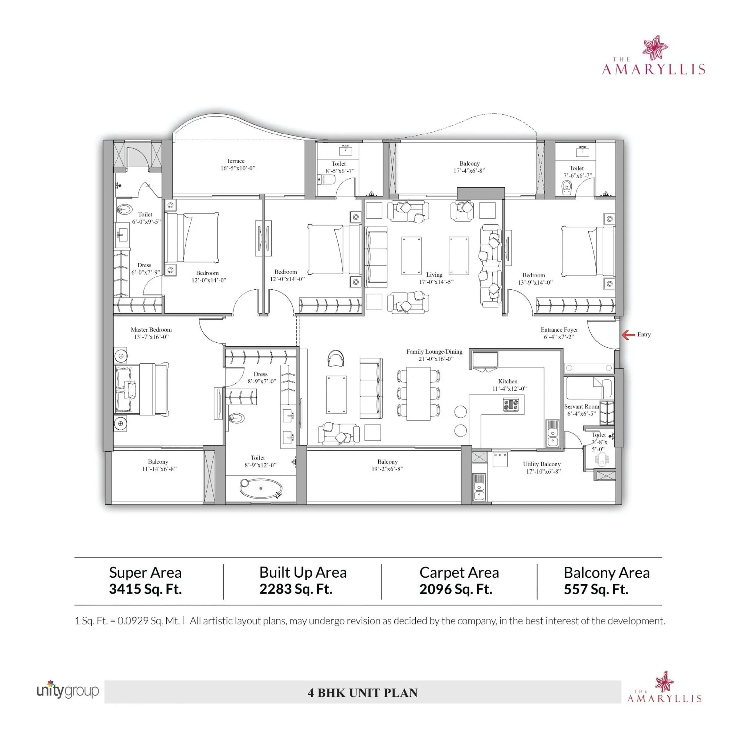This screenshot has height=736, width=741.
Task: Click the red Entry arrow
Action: (x=628, y=335)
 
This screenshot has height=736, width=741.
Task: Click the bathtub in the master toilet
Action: (x=261, y=489)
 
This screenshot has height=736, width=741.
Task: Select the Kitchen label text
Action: (x=508, y=382)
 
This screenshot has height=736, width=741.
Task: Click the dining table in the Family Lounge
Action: (x=418, y=393)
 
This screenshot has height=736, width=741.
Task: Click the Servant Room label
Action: (x=581, y=407)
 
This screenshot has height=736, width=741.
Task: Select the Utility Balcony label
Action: (x=542, y=464)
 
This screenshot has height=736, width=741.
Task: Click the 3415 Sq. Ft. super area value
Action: (x=145, y=589)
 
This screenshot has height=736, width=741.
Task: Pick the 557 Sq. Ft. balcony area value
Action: (x=596, y=589)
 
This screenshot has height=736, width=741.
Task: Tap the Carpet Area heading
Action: (x=459, y=573)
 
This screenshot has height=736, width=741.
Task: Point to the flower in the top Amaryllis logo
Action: (x=655, y=47)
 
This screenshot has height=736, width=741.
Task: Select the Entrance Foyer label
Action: (x=559, y=330)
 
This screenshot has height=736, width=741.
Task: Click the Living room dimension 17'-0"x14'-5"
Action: (x=436, y=282)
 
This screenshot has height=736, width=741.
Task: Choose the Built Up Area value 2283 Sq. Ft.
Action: (x=295, y=589)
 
